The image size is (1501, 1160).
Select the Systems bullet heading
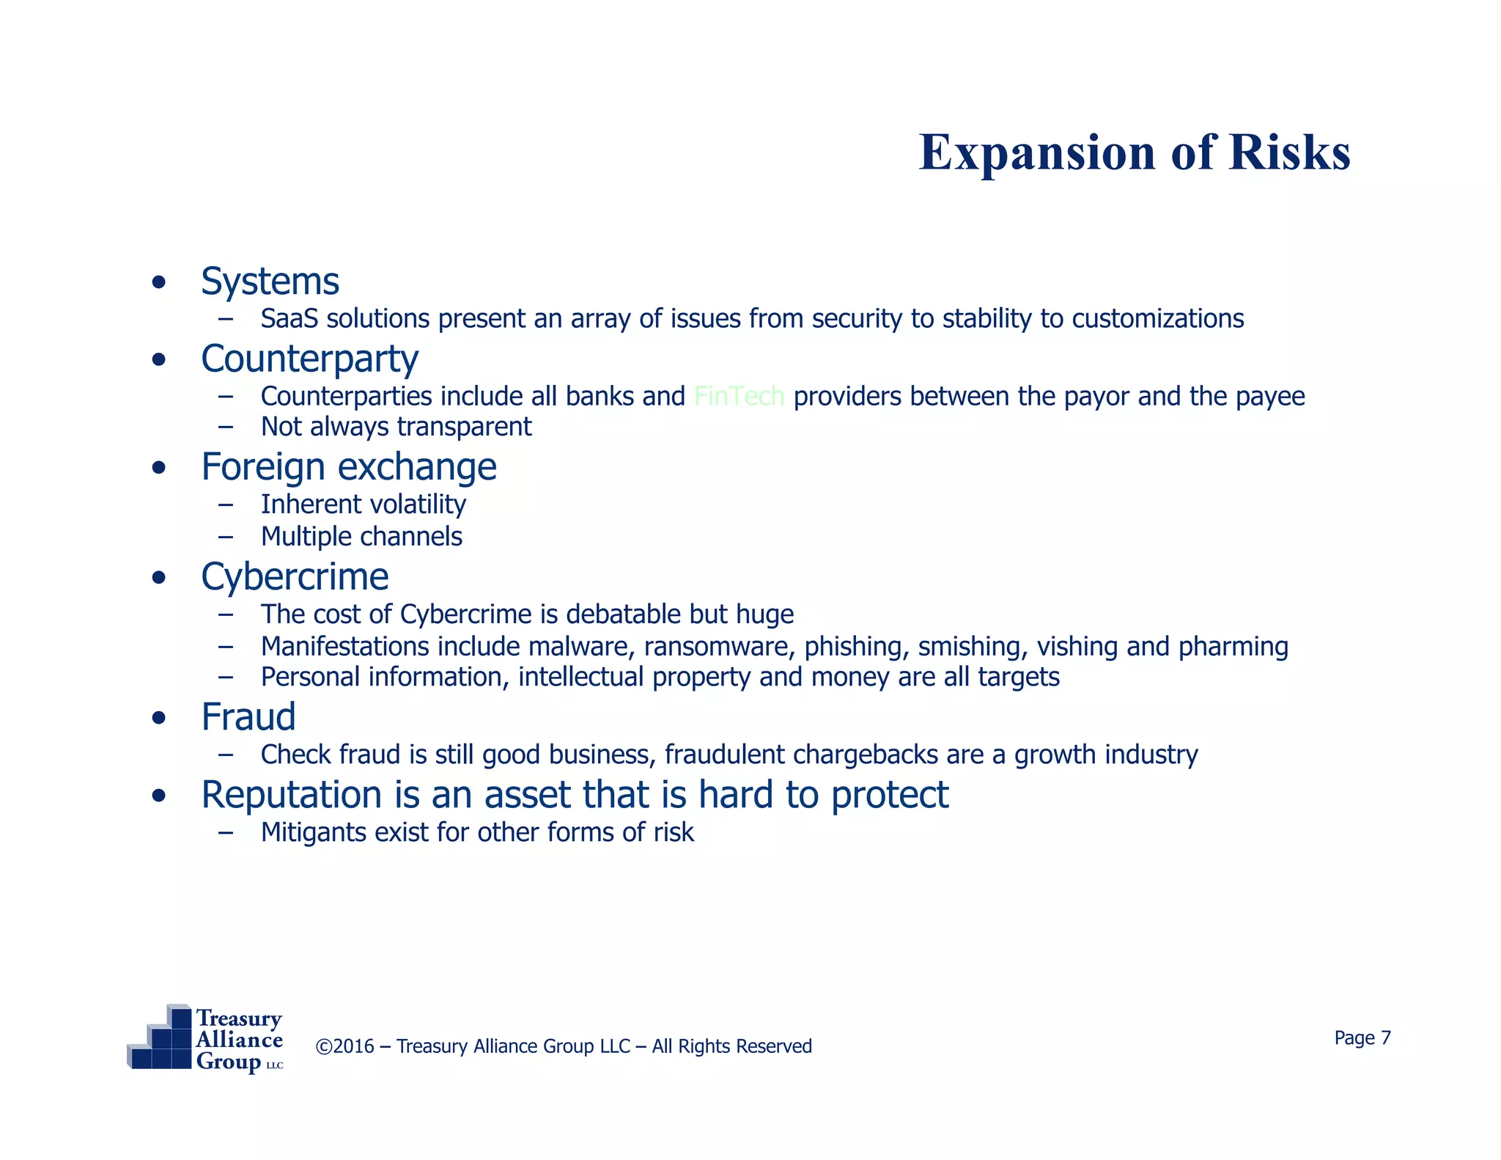click(270, 282)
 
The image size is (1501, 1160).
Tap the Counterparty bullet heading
click(309, 359)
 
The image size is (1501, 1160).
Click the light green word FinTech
click(739, 397)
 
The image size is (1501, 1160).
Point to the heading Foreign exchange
click(349, 467)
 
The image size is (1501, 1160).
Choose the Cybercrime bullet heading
click(295, 577)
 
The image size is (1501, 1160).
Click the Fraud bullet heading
click(248, 717)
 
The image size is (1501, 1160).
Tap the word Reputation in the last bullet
click(291, 796)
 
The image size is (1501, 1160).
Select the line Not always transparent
click(396, 427)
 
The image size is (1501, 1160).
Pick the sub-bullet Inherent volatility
click(363, 504)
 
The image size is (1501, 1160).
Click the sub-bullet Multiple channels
click(361, 537)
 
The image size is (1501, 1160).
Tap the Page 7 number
click(1362, 1038)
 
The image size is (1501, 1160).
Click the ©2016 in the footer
click(344, 1046)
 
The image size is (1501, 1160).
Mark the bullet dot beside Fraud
click(158, 719)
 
